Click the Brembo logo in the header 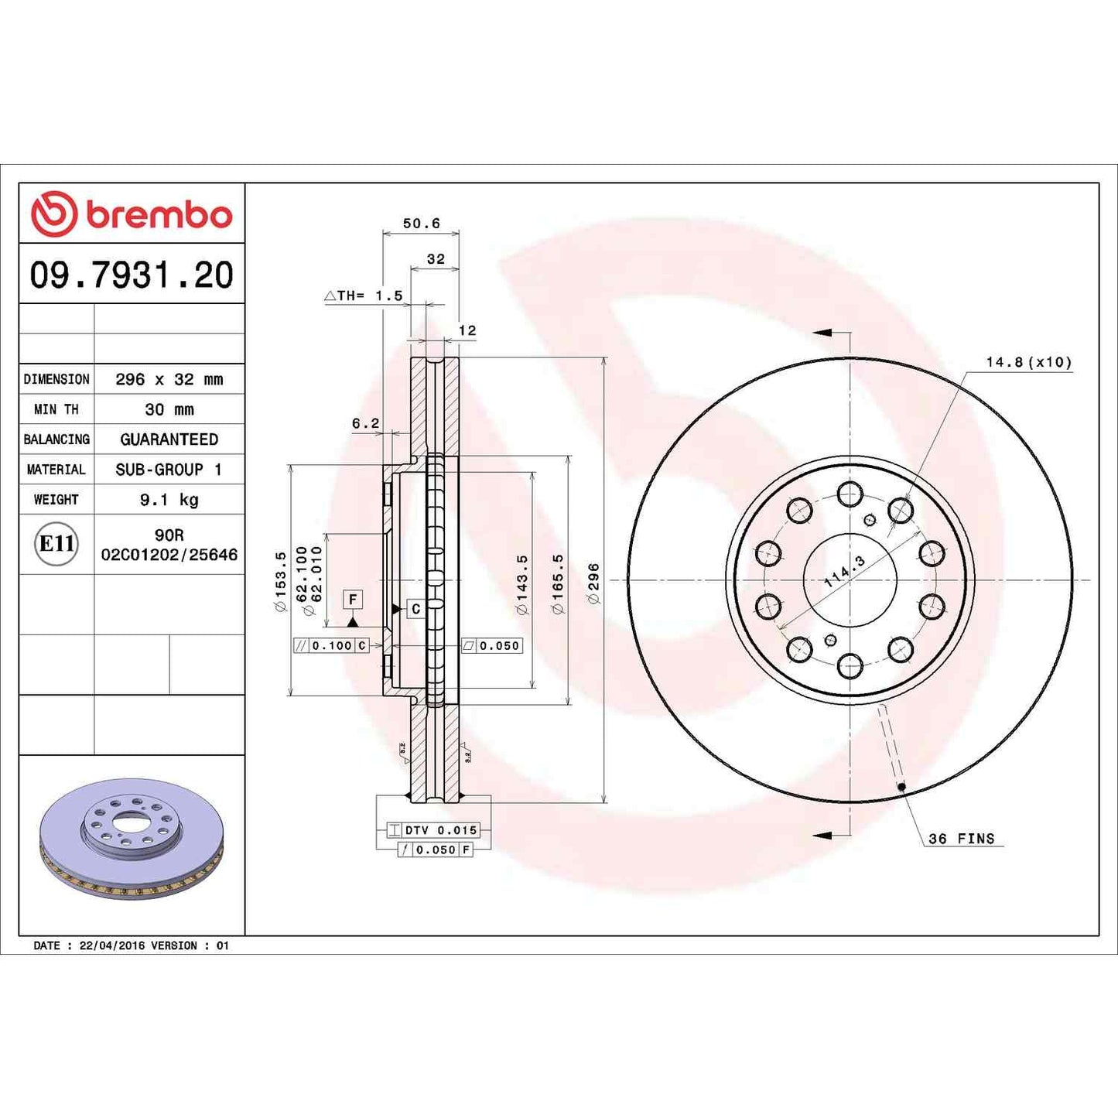click(132, 214)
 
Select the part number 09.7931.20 click(132, 275)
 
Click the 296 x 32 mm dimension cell click(169, 379)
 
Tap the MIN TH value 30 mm click(169, 409)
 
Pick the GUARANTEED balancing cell click(169, 439)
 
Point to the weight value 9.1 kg click(169, 500)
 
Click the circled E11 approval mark click(56, 544)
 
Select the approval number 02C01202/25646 click(169, 555)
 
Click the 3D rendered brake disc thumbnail click(132, 839)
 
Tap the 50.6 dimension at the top click(421, 224)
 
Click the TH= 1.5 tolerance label click(364, 296)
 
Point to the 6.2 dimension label click(365, 423)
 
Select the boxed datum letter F click(353, 599)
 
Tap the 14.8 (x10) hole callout click(1028, 362)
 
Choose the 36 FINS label click(962, 839)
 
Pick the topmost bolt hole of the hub click(850, 494)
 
